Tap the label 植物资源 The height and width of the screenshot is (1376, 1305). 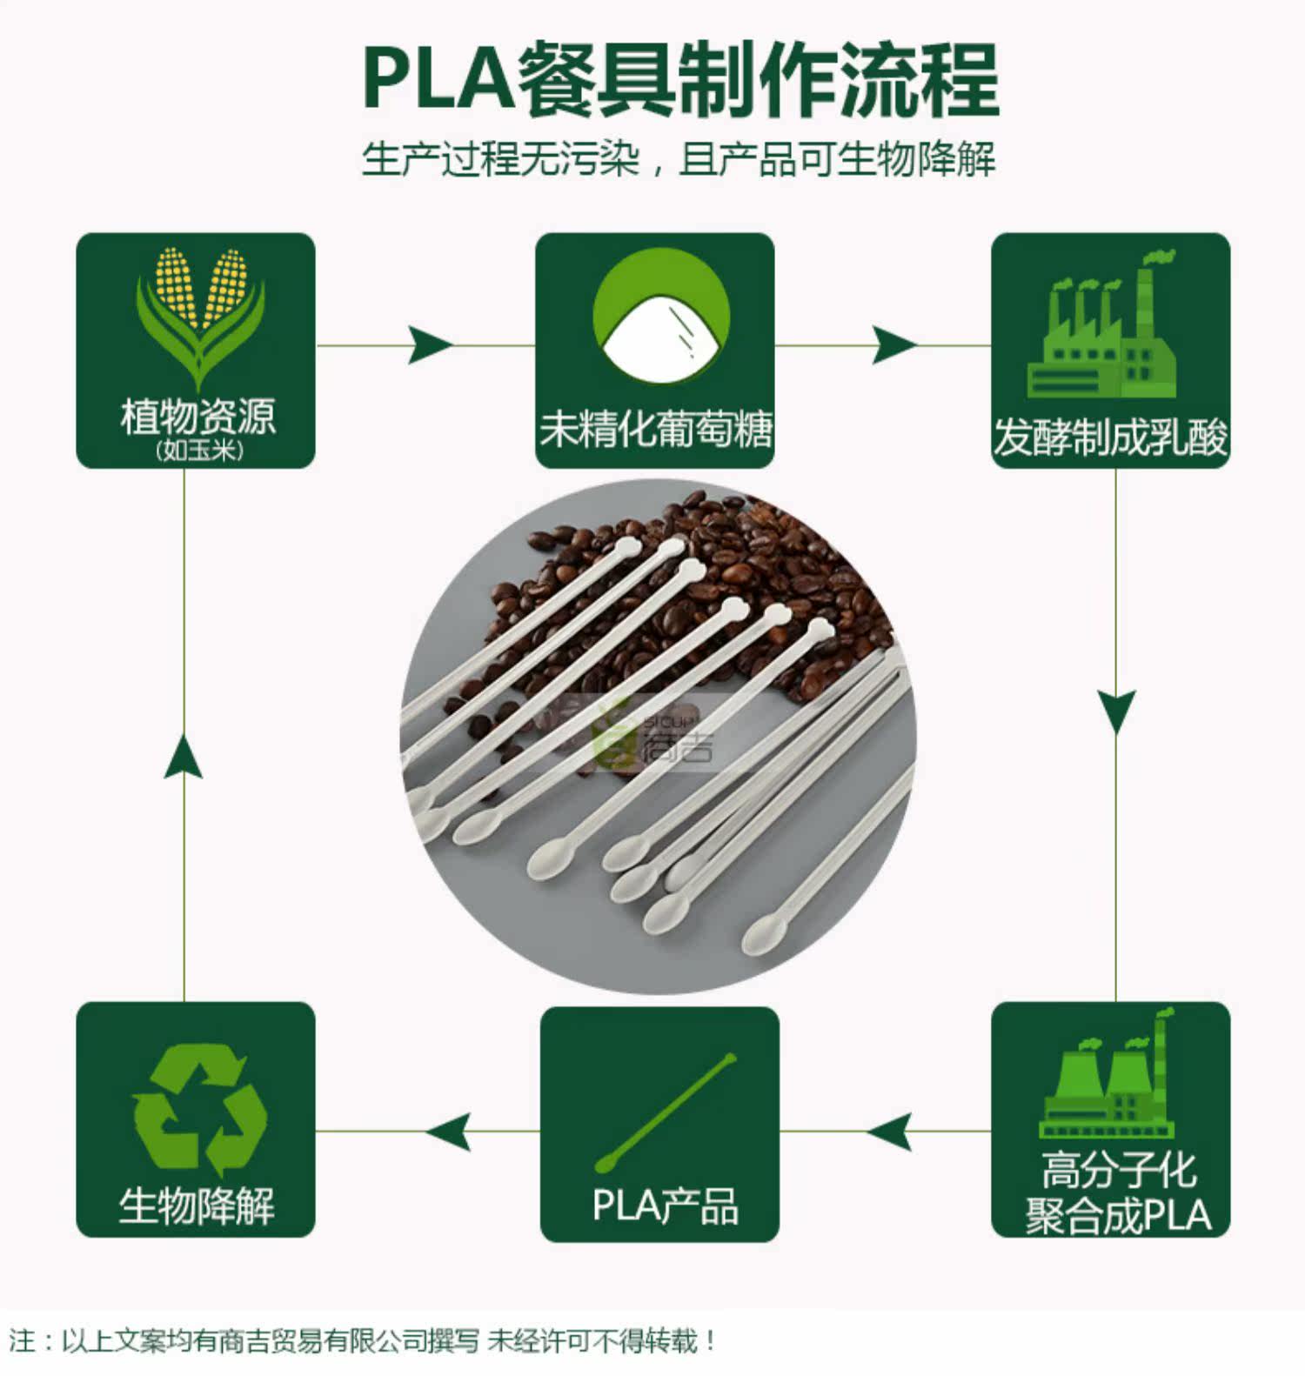pos(197,417)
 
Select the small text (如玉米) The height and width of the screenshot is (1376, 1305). pos(199,451)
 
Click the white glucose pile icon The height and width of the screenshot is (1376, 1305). pos(661,318)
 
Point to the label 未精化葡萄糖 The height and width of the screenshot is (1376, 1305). pos(655,429)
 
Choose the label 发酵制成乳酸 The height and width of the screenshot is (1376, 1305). pos(1111,438)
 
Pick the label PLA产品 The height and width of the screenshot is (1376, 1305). pos(666,1206)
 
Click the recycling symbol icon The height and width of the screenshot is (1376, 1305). pos(199,1110)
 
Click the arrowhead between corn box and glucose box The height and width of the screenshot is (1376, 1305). pos(430,345)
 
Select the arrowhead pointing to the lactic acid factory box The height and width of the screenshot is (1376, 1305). pos(894,345)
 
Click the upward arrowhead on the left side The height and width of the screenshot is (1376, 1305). pos(184,754)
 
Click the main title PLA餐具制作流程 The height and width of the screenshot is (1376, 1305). pos(680,80)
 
